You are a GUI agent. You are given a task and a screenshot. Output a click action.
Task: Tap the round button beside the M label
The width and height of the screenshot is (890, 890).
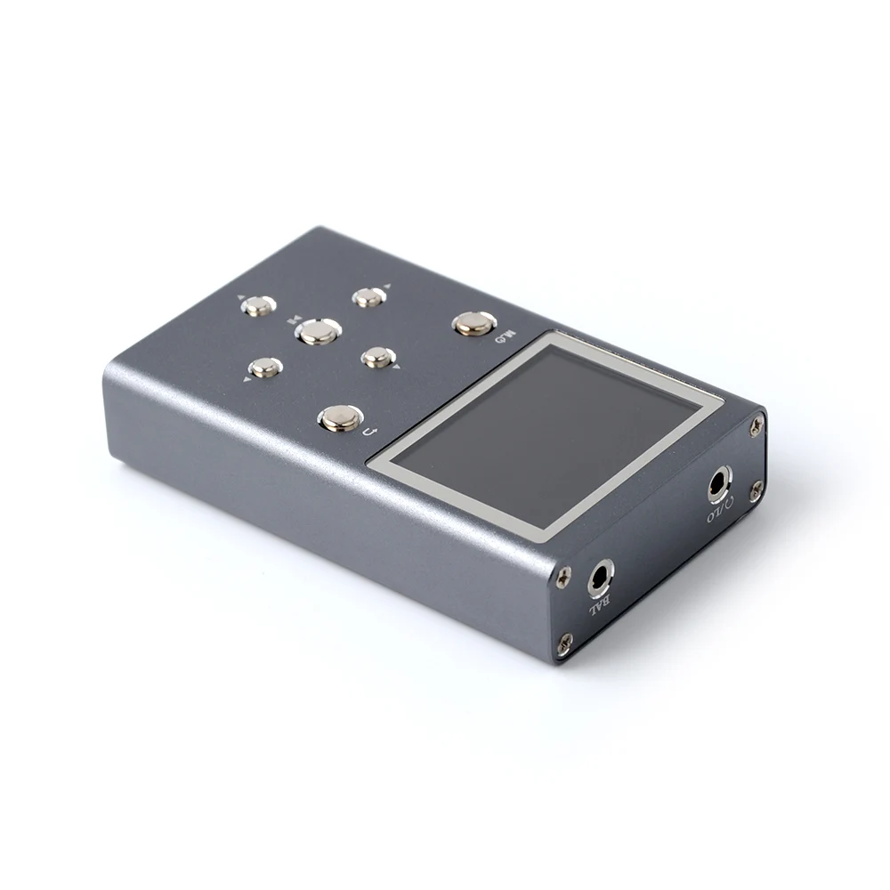[474, 323]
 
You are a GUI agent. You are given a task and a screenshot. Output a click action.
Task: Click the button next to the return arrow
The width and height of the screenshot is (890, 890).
[340, 417]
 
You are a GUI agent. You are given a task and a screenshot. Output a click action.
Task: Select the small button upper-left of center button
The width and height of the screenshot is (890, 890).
[258, 306]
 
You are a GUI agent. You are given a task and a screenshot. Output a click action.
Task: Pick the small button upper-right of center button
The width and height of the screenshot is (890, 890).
[368, 297]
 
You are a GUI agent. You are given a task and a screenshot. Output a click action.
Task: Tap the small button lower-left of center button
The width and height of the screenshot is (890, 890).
[265, 367]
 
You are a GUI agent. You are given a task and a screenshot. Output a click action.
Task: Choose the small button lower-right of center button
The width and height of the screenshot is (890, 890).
[377, 357]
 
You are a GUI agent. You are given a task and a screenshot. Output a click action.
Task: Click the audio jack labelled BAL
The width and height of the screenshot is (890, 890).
[602, 578]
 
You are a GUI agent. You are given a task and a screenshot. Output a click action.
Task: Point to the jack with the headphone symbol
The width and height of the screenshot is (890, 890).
[719, 484]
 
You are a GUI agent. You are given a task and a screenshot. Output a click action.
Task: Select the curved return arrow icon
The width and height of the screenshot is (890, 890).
[372, 432]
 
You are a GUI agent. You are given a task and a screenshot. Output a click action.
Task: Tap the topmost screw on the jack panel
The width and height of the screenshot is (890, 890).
[756, 426]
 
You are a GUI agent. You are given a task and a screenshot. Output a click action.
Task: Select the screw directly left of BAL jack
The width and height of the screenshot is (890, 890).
[562, 579]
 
